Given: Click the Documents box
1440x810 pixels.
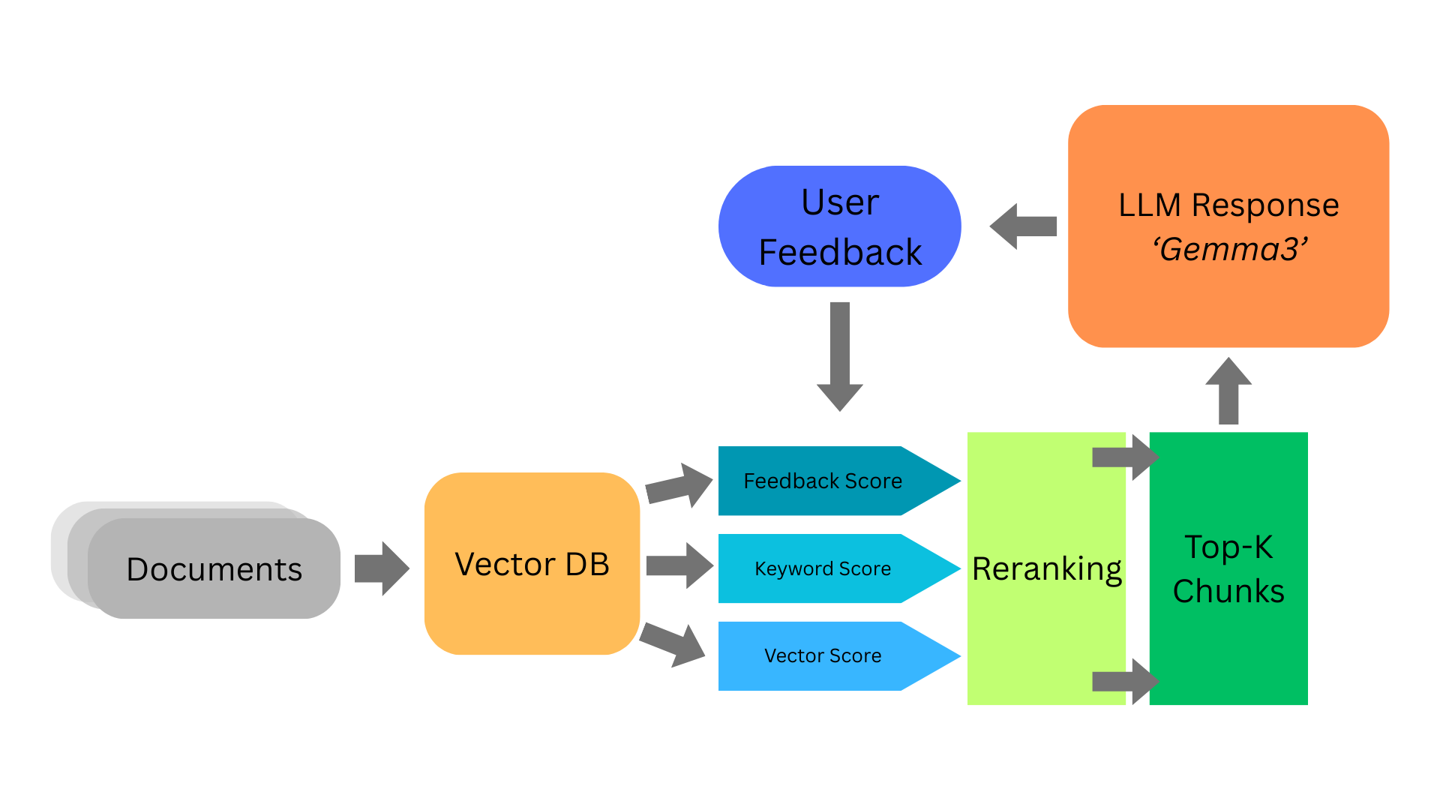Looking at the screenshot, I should pyautogui.click(x=214, y=568).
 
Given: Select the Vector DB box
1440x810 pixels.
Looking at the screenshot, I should pyautogui.click(x=532, y=564).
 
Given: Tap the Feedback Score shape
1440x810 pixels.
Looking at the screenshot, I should pyautogui.click(x=823, y=481).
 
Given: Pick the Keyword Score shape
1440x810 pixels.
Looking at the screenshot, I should pyautogui.click(x=823, y=568).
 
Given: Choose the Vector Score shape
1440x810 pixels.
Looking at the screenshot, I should pyautogui.click(x=823, y=655).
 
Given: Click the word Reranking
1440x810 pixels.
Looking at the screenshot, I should pyautogui.click(x=1046, y=568).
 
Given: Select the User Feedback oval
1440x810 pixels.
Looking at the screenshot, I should pyautogui.click(x=840, y=226).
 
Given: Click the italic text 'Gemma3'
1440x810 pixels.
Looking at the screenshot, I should pyautogui.click(x=1230, y=249).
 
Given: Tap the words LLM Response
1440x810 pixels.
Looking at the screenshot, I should pyautogui.click(x=1228, y=205).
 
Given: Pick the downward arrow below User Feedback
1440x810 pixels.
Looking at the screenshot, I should pyautogui.click(x=840, y=357).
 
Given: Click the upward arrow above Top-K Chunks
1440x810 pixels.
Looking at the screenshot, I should pyautogui.click(x=1228, y=391).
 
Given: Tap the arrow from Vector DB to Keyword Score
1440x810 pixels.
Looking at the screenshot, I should pyautogui.click(x=679, y=565).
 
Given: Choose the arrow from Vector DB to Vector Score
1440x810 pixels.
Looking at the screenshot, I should pyautogui.click(x=673, y=643).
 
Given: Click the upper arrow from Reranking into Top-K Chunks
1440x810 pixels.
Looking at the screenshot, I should pyautogui.click(x=1125, y=457).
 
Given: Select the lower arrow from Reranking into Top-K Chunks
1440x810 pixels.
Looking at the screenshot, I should pyautogui.click(x=1125, y=681).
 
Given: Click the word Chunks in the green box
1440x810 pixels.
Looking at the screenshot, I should pyautogui.click(x=1228, y=591).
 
